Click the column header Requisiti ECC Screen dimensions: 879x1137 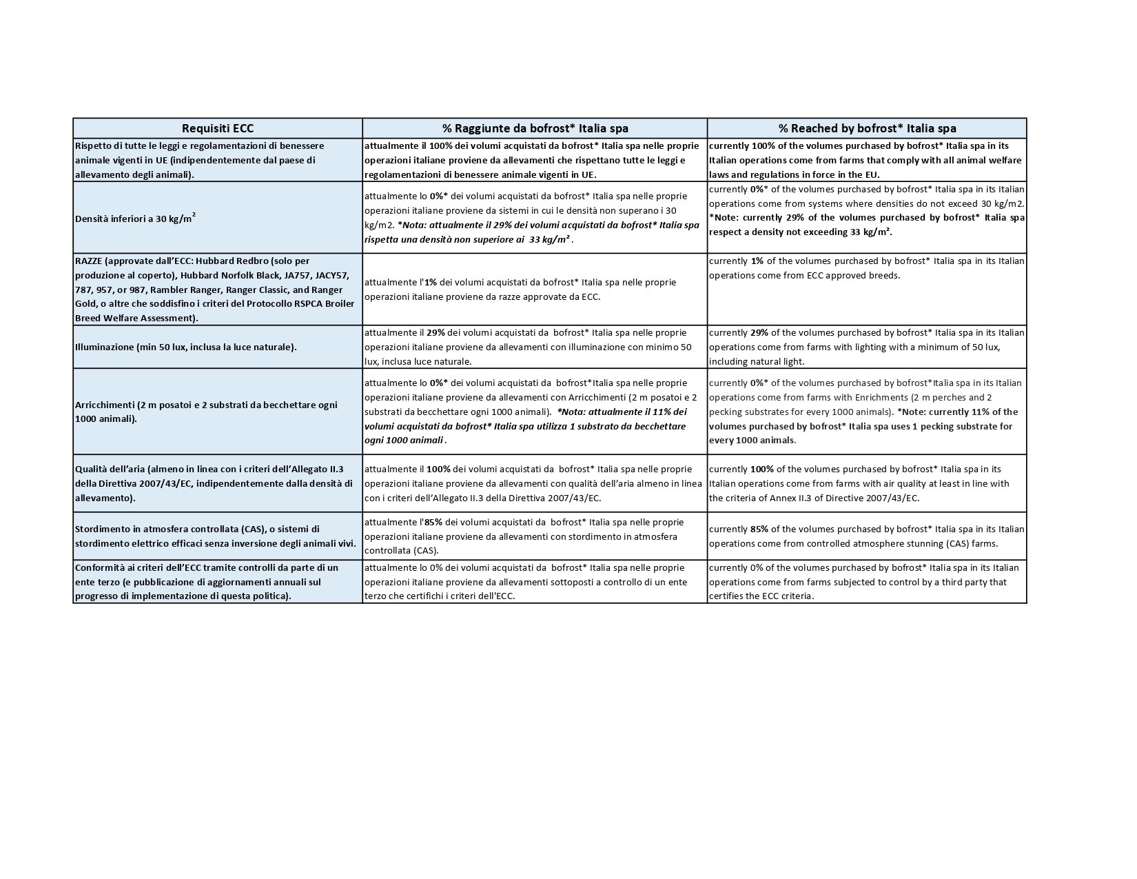tap(217, 128)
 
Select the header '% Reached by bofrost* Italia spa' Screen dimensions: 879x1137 tap(867, 128)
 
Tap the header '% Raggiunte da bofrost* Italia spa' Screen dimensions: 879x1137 tap(535, 128)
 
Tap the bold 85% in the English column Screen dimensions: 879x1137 tap(760, 529)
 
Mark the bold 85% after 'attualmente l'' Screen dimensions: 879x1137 tap(433, 522)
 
